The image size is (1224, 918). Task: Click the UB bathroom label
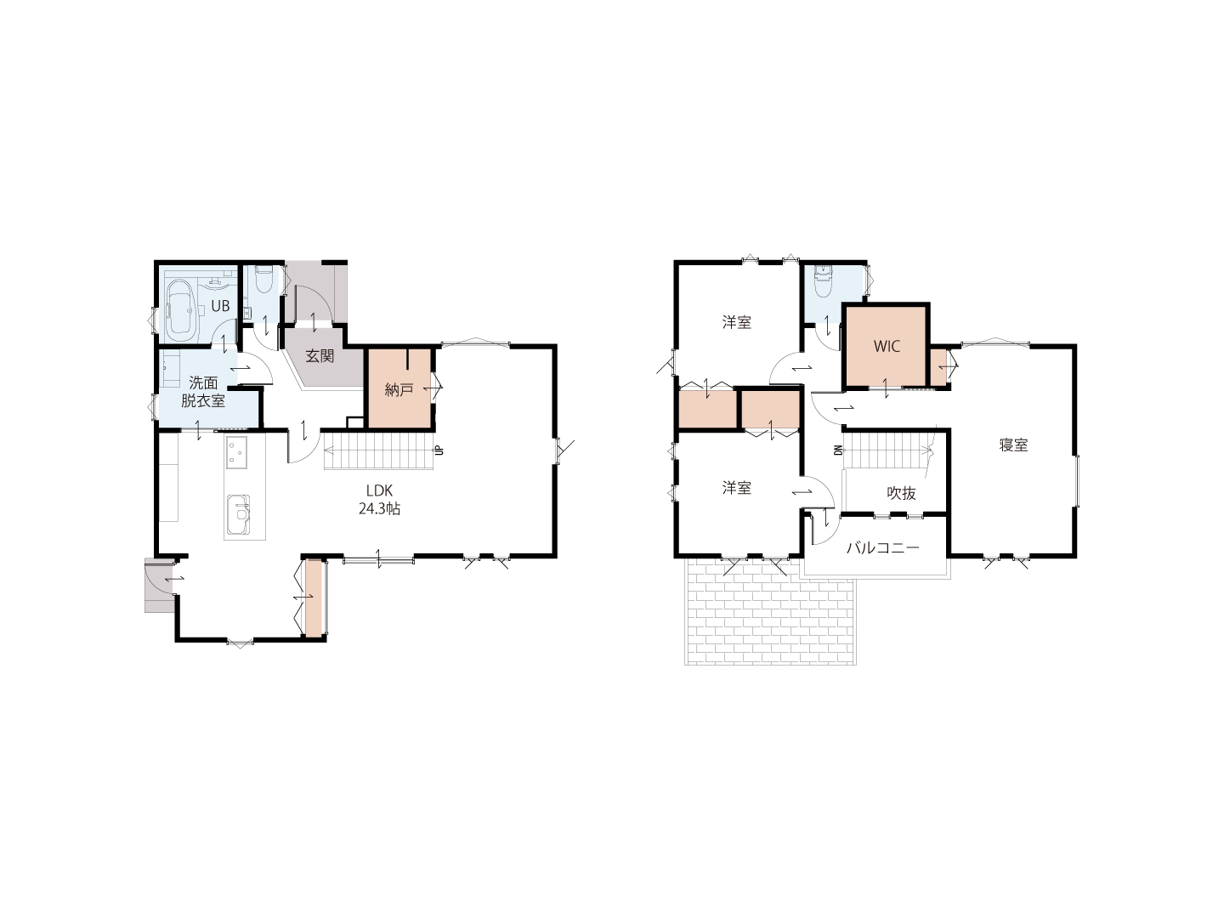click(x=220, y=306)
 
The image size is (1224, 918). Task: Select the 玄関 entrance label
click(x=320, y=356)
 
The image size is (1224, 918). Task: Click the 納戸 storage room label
click(x=399, y=389)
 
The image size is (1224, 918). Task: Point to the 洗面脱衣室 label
click(x=203, y=391)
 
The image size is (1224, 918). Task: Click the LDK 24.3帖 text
click(x=379, y=500)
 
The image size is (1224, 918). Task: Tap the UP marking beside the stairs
click(x=439, y=450)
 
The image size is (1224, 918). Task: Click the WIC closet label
click(x=887, y=346)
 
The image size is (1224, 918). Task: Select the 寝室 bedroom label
click(x=1013, y=445)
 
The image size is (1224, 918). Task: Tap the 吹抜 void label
click(x=901, y=493)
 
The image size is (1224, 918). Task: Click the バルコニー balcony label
click(x=883, y=548)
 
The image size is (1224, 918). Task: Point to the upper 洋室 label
click(x=737, y=322)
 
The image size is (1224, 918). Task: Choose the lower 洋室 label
click(x=737, y=488)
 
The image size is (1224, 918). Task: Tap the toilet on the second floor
click(x=823, y=282)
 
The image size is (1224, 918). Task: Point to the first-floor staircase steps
click(x=379, y=450)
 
